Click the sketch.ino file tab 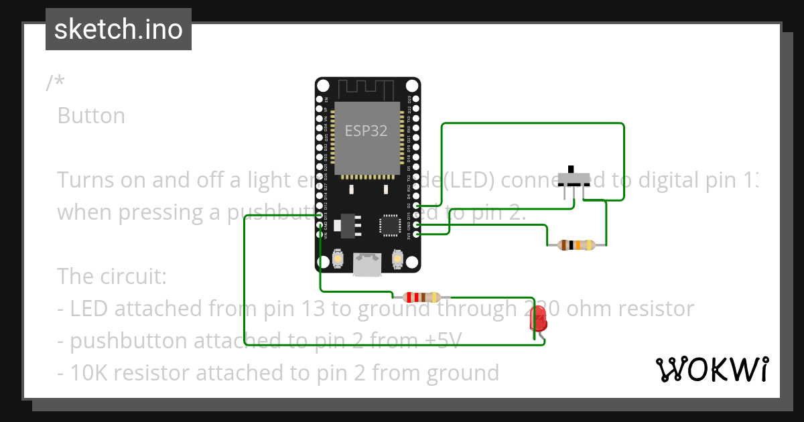pos(119,29)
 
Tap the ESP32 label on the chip pos(366,131)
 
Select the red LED pos(538,319)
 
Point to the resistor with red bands pos(421,297)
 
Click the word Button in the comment pos(91,116)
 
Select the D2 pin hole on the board pos(417,206)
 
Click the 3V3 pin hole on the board pos(417,234)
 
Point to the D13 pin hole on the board pos(320,215)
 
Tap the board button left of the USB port pos(338,259)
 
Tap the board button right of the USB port pos(397,259)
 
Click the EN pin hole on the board pos(320,99)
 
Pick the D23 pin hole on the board pos(417,99)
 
